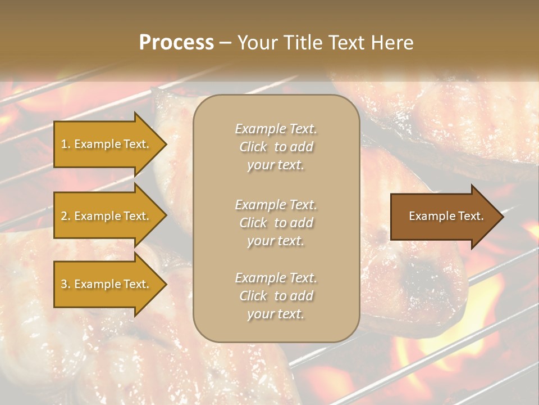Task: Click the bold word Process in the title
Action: point(176,43)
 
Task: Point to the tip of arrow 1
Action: point(166,144)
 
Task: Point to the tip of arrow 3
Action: point(166,284)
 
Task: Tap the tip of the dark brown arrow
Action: point(503,216)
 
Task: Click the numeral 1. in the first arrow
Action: point(65,144)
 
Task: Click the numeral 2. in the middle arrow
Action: point(65,216)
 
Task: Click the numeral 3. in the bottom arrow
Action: point(65,284)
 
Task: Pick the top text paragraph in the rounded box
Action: point(276,147)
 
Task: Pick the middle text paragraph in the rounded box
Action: point(276,223)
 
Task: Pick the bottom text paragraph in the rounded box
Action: point(276,296)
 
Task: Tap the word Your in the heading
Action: point(258,43)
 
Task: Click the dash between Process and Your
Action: point(225,43)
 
